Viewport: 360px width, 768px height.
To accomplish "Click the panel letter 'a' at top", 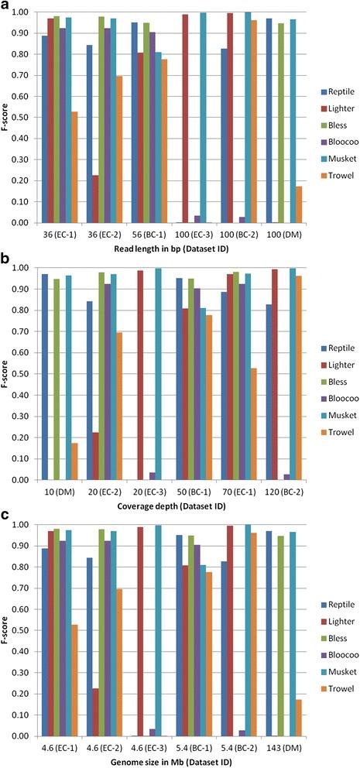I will click(5, 6).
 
